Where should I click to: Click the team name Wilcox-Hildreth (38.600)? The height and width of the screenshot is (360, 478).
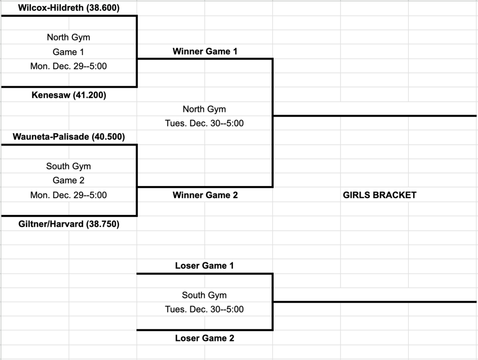(x=69, y=8)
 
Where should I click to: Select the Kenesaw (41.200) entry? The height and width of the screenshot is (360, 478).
(x=69, y=95)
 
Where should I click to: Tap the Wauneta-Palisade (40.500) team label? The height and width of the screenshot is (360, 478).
(x=69, y=137)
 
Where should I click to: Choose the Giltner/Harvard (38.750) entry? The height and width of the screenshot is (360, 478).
(x=69, y=224)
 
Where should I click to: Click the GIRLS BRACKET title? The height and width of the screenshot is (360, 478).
(x=379, y=195)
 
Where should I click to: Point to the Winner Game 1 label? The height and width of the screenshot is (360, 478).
(x=205, y=51)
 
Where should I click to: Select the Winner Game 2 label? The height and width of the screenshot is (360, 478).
(x=205, y=195)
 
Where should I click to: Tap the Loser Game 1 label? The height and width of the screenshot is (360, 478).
(x=204, y=266)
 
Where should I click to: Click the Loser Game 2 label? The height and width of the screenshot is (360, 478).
(x=204, y=338)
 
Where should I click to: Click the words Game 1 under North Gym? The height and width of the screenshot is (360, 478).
(x=69, y=52)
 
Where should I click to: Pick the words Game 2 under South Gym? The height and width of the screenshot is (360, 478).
(x=69, y=180)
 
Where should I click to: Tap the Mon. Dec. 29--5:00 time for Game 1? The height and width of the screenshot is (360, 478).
(x=69, y=66)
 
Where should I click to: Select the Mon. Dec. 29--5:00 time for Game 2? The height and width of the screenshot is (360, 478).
(x=69, y=195)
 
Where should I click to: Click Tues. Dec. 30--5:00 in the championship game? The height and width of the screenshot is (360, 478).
(x=204, y=124)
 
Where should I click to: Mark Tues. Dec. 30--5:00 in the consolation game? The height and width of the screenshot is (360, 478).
(x=204, y=309)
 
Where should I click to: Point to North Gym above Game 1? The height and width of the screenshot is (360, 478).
(x=69, y=37)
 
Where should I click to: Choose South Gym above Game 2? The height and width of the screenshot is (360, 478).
(x=69, y=166)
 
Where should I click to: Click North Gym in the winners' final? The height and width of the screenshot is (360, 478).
(x=204, y=109)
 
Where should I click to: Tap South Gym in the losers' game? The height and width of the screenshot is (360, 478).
(x=204, y=295)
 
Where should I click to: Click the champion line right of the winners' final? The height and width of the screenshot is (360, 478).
(x=373, y=116)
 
